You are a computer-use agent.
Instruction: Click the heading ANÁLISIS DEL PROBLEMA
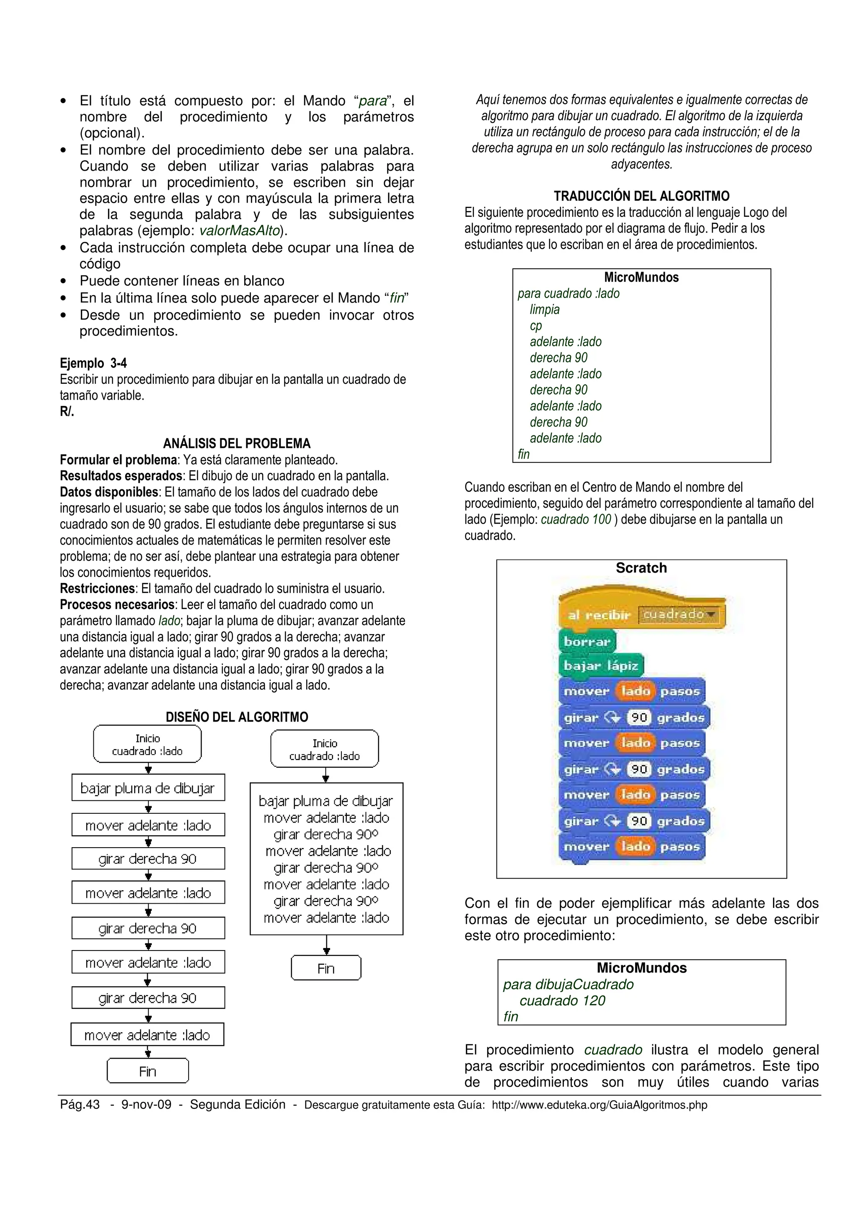point(236,443)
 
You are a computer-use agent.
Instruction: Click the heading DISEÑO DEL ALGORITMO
point(236,717)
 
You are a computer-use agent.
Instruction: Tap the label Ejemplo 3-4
point(93,363)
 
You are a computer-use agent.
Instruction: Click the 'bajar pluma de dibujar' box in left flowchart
point(148,788)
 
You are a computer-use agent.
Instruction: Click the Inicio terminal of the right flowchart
point(325,749)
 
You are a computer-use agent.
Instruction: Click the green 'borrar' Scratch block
point(587,641)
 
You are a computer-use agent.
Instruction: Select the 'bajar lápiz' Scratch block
point(600,666)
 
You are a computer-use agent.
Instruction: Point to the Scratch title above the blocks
point(641,568)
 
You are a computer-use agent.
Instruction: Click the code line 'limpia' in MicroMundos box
point(545,310)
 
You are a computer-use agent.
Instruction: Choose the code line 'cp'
point(535,326)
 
